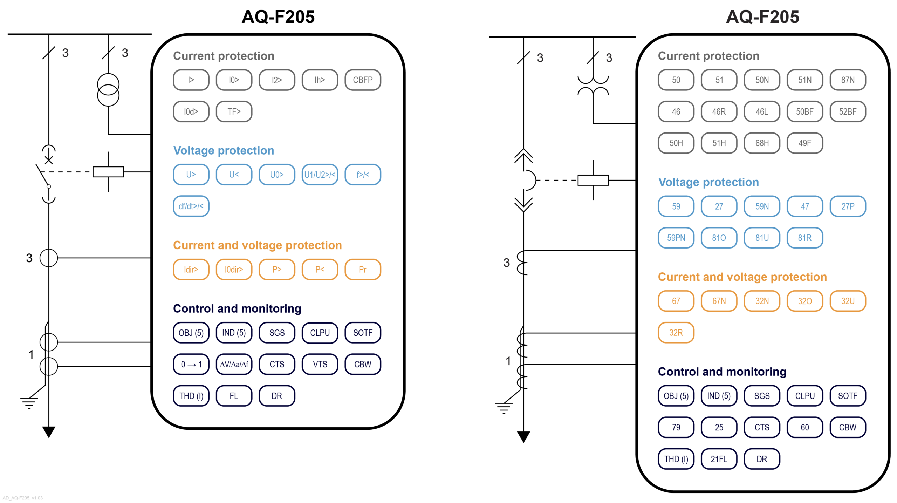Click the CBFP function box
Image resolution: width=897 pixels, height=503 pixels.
(362, 80)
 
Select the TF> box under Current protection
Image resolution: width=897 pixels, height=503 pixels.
(234, 111)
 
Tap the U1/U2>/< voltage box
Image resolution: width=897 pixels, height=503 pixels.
(320, 175)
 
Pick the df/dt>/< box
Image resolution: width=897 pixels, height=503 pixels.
(191, 206)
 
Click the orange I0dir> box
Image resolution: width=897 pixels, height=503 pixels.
(234, 269)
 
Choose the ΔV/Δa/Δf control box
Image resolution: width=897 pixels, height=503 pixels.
(234, 364)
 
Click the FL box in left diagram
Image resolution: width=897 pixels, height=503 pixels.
(234, 396)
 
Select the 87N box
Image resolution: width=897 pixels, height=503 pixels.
(847, 80)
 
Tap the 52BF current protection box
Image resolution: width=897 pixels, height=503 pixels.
(847, 111)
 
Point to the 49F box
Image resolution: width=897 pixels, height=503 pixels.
(804, 143)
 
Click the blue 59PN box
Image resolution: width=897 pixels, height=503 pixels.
(676, 238)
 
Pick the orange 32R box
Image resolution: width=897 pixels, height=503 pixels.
(676, 332)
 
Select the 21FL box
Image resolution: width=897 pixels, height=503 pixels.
(719, 459)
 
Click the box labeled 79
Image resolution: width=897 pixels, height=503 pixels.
(676, 427)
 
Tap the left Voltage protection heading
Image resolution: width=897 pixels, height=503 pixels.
(224, 150)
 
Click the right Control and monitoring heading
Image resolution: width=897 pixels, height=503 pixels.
(722, 372)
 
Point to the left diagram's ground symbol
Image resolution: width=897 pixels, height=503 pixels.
(29, 403)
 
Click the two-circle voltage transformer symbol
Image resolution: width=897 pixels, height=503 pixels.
(108, 90)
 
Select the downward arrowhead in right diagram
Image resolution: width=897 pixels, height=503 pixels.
(523, 436)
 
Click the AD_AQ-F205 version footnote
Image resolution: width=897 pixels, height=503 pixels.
(23, 498)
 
